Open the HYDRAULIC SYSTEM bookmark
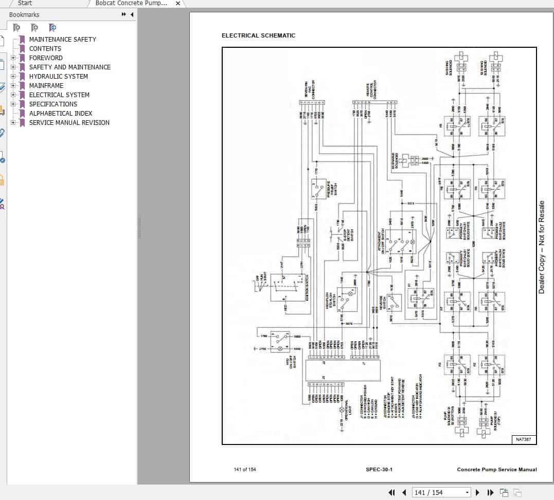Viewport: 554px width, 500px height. (58, 76)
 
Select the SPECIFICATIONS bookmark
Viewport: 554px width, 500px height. (53, 104)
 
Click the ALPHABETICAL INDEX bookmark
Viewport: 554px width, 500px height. (61, 113)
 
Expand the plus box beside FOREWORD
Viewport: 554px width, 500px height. (13, 58)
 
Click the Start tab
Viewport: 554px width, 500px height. (25, 3)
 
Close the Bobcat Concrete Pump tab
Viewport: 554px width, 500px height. (178, 4)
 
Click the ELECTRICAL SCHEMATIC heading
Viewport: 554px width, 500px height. (258, 35)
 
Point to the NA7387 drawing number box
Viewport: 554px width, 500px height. (524, 439)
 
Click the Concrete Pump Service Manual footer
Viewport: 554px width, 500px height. (496, 469)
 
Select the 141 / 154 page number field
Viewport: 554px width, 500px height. (441, 492)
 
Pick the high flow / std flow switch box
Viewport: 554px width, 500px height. (347, 298)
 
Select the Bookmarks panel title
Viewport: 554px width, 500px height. (24, 15)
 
